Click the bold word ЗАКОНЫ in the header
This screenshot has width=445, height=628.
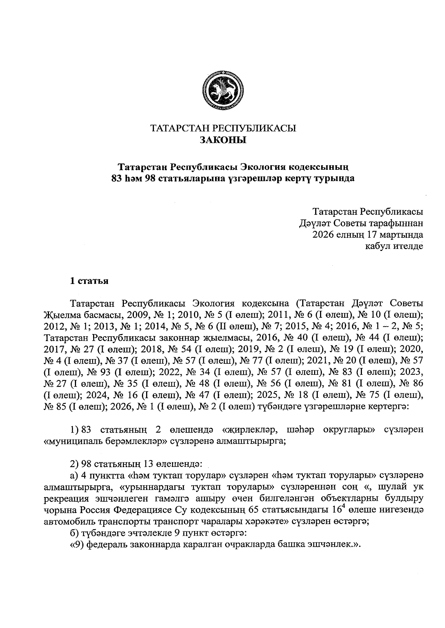click(223, 140)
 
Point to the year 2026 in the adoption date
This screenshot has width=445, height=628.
click(323, 234)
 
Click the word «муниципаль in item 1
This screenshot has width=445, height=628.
click(69, 441)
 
